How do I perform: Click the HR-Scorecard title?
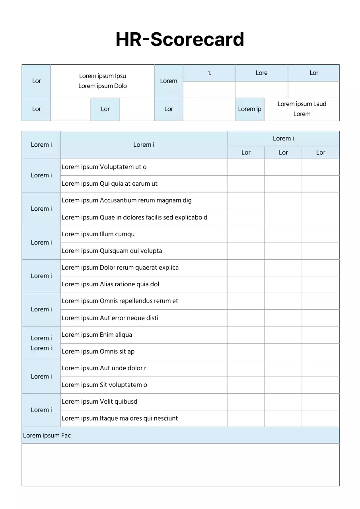pos(180,40)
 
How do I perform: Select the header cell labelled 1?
pos(209,73)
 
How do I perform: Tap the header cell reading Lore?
pos(261,73)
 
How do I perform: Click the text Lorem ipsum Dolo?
pos(103,86)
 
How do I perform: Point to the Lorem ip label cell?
pos(249,109)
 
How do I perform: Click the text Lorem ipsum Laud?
pos(302,104)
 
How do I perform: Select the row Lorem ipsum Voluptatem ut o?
pos(104,167)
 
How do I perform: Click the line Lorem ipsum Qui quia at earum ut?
pos(109,184)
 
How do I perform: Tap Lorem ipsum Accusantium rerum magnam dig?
pos(126,201)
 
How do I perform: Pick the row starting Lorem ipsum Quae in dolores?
pos(134,218)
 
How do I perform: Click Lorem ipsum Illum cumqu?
pos(98,234)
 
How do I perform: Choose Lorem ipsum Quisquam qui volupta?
pos(112,251)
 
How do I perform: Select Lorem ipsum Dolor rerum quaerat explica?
pos(120,268)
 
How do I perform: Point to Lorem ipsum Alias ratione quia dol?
pos(110,284)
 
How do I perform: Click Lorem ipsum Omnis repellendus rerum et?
pos(120,301)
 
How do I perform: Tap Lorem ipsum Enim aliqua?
pos(97,335)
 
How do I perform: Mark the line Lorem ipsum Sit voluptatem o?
pos(104,385)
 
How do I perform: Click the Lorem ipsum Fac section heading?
pos(47,436)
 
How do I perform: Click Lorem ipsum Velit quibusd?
pos(99,402)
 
